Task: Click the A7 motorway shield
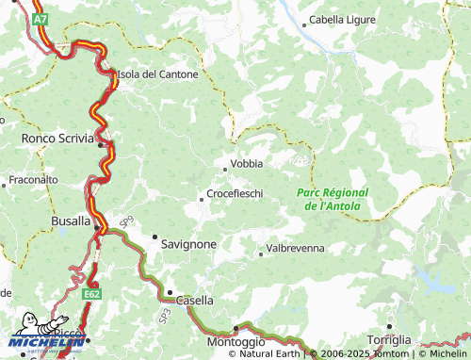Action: tap(38, 19)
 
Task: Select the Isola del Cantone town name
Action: tap(157, 74)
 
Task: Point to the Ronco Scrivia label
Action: tap(57, 139)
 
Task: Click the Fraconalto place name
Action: tap(33, 178)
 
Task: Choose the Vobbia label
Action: tap(247, 163)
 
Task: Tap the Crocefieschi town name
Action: tap(235, 194)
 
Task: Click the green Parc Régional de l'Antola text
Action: tap(333, 198)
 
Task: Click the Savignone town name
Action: tap(189, 243)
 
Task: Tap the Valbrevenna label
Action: tap(295, 248)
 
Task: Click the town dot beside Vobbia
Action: tap(224, 169)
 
